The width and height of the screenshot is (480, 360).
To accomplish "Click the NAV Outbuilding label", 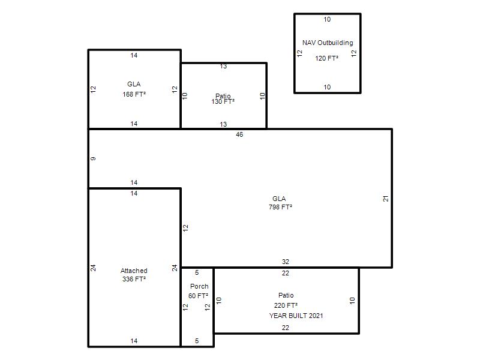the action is [328, 43].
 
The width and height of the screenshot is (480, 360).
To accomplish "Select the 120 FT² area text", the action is [326, 58].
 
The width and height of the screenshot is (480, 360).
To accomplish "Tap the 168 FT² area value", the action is [134, 94].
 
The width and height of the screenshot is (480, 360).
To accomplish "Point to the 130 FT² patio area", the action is [223, 101].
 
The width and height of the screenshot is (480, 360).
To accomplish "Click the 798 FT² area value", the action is [280, 207].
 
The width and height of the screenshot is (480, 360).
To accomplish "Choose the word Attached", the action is [134, 271].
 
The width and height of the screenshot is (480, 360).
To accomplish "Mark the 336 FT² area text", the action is [134, 279].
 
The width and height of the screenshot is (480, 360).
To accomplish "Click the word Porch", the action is [199, 286].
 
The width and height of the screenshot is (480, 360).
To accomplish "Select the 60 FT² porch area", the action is [198, 296].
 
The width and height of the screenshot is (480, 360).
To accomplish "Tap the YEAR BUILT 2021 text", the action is [296, 316].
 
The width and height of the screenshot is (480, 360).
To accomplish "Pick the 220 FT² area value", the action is [286, 305].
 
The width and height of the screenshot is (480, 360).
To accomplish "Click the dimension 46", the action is [239, 134].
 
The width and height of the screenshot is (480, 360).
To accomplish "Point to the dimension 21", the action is [386, 199].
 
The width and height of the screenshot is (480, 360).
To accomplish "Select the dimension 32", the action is [286, 262].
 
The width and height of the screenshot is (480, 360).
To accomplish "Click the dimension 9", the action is [93, 158].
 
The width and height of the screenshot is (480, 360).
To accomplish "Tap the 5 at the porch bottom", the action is [197, 341].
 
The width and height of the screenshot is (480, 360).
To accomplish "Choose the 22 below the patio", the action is [286, 328].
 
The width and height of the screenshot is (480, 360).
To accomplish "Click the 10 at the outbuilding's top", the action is [327, 19].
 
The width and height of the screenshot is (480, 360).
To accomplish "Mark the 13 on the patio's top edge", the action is [223, 66].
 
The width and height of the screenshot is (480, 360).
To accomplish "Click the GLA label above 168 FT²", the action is [134, 84].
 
